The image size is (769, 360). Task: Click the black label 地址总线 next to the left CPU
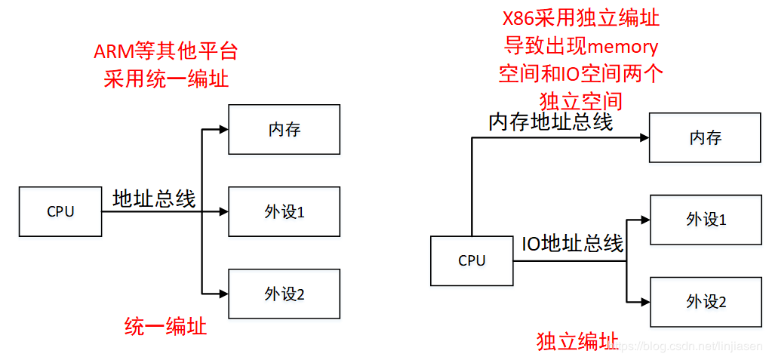(155, 198)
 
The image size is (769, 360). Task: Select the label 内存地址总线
(551, 122)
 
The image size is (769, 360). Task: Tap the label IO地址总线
(572, 243)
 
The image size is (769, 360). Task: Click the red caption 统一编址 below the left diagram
(166, 327)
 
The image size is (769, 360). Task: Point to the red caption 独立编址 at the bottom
(578, 340)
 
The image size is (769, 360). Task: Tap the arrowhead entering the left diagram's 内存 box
(224, 130)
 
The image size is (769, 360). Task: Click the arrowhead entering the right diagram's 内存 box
(645, 138)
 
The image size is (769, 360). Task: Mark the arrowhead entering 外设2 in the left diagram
(224, 294)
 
